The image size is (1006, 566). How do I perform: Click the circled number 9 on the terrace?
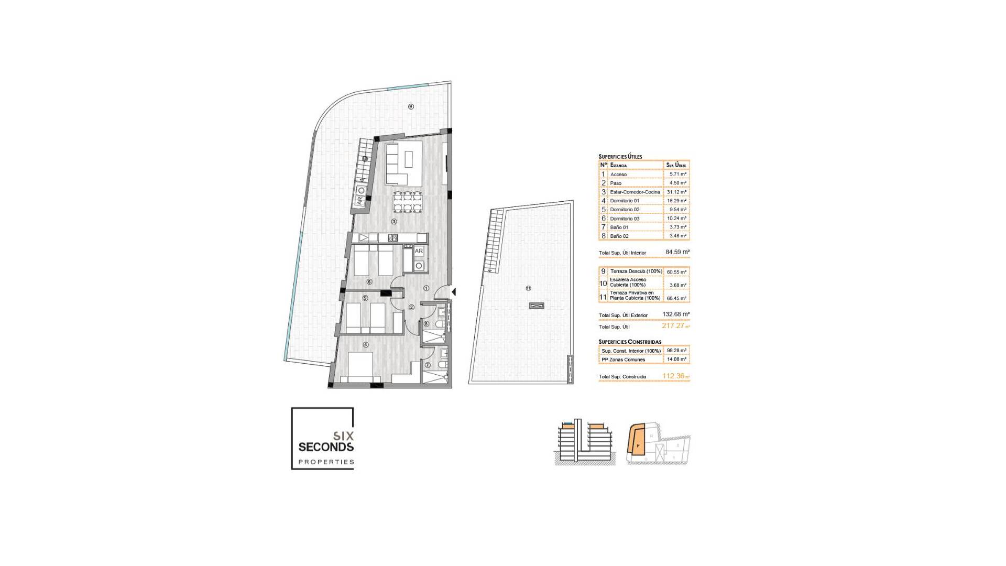411,107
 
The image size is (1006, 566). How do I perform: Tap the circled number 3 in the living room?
394,222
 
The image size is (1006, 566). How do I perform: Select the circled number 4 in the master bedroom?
366,345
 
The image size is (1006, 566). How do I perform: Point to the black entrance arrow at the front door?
454,292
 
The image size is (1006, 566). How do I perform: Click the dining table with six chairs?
408,202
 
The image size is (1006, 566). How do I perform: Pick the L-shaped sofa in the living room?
403,163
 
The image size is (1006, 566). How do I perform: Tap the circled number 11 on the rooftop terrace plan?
528,288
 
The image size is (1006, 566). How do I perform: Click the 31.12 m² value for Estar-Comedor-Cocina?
676,192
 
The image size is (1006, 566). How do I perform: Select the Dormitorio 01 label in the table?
625,201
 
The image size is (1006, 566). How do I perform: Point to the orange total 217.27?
673,326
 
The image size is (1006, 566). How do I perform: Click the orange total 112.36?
673,376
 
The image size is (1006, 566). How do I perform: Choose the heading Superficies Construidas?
630,342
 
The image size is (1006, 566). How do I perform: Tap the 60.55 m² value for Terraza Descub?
676,272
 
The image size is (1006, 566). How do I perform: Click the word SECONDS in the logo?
326,447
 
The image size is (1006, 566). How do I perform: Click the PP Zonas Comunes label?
623,360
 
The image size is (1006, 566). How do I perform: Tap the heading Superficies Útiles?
620,157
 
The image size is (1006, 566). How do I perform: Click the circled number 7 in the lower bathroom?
428,365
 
